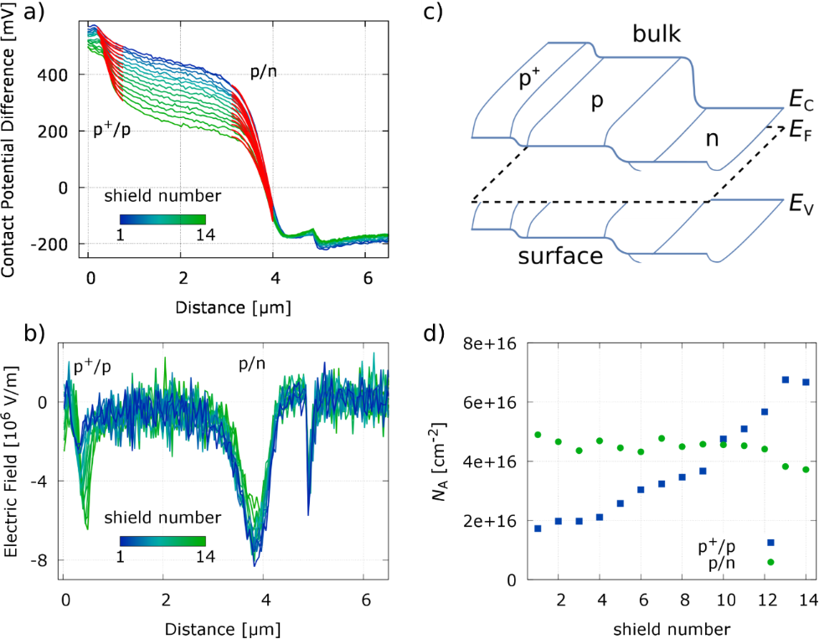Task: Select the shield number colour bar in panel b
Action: (x=162, y=541)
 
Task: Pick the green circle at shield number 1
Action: (x=537, y=435)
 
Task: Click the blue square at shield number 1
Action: (x=537, y=528)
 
